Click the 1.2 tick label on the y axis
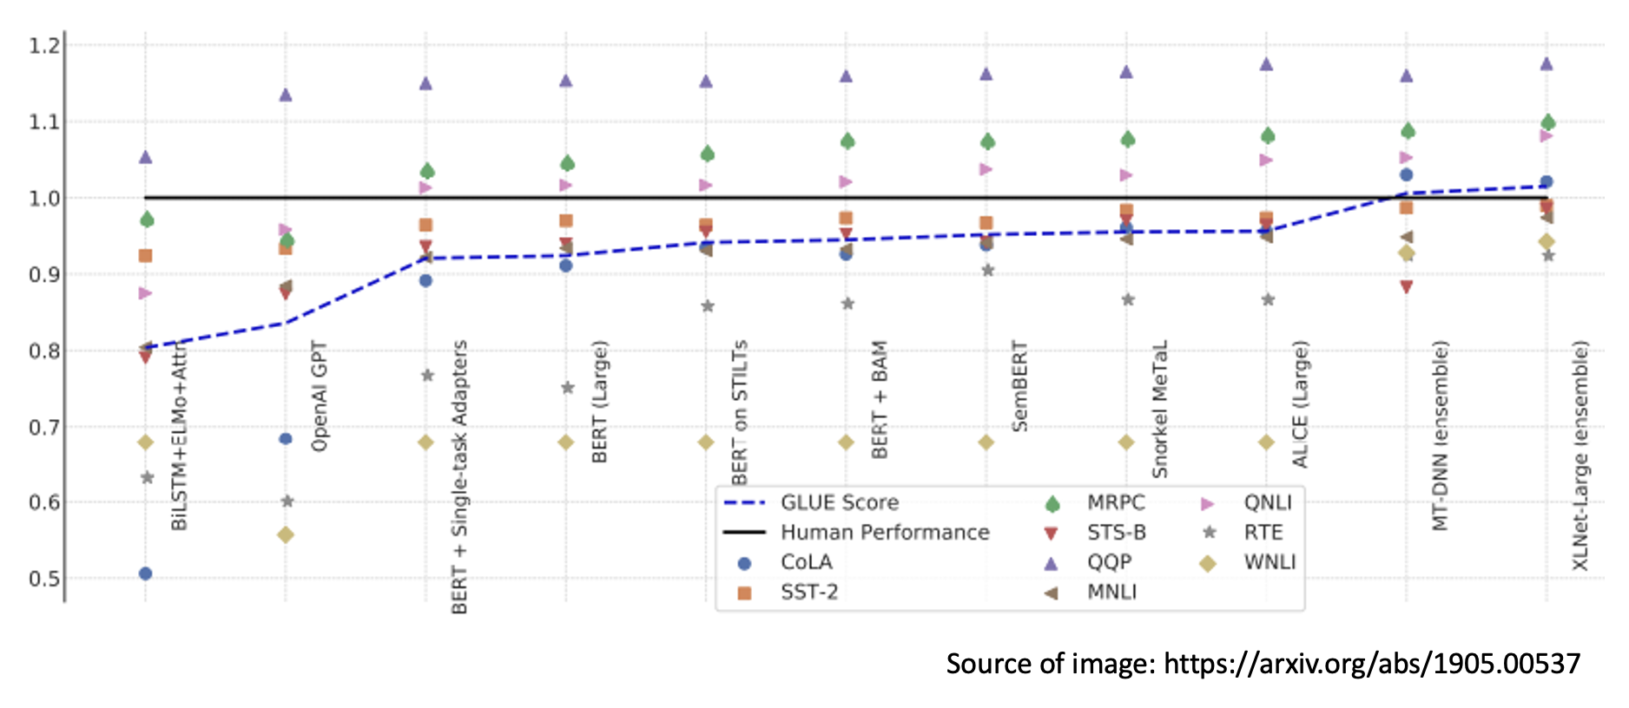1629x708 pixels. point(44,45)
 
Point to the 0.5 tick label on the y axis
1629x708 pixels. point(44,579)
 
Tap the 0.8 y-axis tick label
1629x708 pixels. point(44,351)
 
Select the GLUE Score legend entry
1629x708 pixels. point(839,502)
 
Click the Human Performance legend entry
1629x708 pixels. point(884,533)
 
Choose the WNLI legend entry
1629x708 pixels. point(1269,562)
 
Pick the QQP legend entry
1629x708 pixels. point(1109,562)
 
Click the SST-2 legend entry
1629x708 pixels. point(808,593)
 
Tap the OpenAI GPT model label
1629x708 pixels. point(320,397)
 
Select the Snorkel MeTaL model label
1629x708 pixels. point(1159,409)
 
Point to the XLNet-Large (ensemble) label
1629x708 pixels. point(1580,456)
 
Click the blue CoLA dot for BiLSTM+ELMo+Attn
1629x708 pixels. point(145,574)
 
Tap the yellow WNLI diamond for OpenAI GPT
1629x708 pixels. point(286,535)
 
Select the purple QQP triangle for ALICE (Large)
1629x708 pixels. point(1266,64)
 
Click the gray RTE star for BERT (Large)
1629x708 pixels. point(567,388)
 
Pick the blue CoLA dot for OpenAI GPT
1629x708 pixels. point(286,439)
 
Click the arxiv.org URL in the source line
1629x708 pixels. point(1371,664)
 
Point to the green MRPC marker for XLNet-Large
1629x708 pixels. point(1547,122)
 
